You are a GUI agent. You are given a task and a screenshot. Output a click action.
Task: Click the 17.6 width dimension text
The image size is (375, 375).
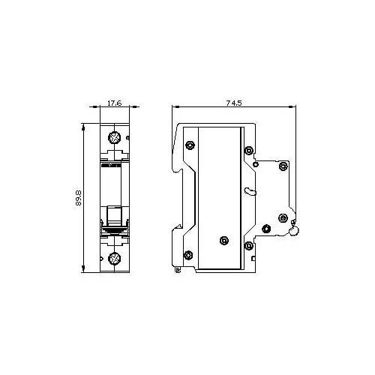coord(115,103)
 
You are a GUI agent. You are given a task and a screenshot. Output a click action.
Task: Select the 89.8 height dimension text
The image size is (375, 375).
coord(78,198)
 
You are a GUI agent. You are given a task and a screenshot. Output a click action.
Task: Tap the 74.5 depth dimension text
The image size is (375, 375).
coord(234,103)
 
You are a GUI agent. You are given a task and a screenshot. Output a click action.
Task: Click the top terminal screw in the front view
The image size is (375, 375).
coord(114,137)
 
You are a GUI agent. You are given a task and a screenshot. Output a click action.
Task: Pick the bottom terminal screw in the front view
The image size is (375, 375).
coord(114,258)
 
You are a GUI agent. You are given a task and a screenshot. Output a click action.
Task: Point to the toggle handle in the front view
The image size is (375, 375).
coord(114,215)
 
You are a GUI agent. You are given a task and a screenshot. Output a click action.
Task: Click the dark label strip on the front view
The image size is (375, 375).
coord(111,165)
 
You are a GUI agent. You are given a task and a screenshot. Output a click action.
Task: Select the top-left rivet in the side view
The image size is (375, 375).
coord(190,145)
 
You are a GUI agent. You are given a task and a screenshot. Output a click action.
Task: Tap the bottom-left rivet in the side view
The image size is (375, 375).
coord(188,255)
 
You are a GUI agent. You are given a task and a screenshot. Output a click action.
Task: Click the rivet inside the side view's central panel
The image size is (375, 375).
coord(224,241)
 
